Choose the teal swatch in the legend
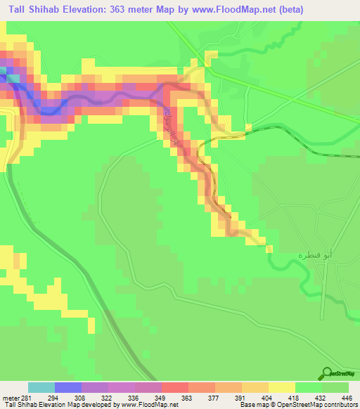41,387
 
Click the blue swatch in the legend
68,387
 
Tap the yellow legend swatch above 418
282,387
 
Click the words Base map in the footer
252,405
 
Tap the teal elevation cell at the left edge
4,70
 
